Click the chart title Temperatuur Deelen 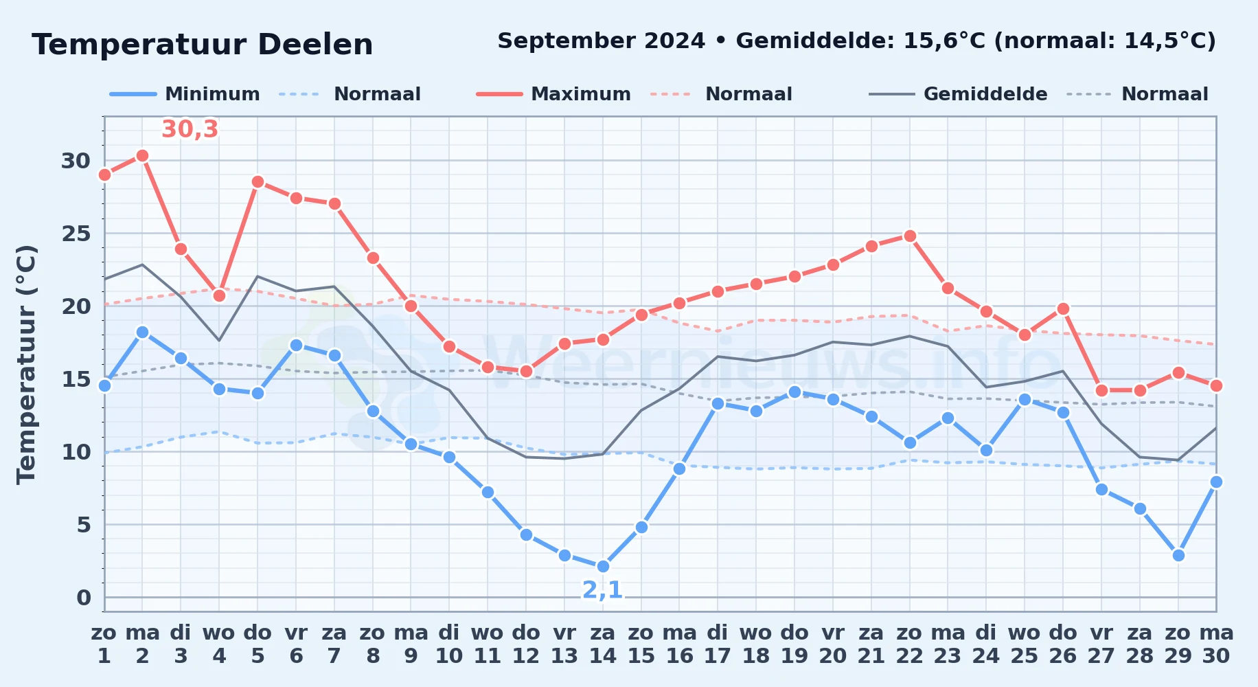203,45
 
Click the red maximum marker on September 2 142,156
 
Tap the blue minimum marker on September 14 603,566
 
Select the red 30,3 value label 190,129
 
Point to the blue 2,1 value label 602,589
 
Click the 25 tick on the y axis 76,234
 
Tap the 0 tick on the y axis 84,598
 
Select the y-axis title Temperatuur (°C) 26,364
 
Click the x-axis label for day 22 909,644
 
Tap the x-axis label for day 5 258,644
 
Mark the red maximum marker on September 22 910,236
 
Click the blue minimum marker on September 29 1178,555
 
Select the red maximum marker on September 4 219,295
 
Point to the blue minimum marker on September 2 142,332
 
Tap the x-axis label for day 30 1216,644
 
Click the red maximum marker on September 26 1063,308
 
